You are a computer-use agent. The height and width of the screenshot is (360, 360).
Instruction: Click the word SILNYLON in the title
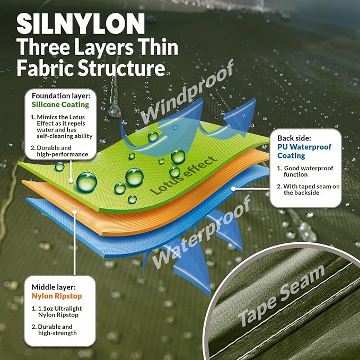[81, 24]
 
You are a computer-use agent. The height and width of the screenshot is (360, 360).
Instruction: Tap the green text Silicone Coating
[60, 104]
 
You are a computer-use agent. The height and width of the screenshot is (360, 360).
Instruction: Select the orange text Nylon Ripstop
[57, 296]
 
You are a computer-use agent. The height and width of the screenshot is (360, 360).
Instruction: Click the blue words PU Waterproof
[304, 147]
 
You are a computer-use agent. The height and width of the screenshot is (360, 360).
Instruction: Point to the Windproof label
[187, 92]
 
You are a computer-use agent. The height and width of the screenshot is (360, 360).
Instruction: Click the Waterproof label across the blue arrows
[201, 232]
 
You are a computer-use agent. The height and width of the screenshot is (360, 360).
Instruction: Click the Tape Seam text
[281, 296]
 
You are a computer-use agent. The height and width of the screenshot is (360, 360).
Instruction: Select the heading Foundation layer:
[61, 96]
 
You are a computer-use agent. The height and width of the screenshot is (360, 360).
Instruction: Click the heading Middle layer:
[54, 287]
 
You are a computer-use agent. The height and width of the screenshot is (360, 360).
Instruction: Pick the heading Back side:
[294, 138]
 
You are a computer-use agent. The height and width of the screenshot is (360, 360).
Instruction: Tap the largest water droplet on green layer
[86, 182]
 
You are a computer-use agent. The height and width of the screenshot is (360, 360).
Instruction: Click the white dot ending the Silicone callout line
[71, 181]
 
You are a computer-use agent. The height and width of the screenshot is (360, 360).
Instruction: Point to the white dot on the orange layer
[74, 212]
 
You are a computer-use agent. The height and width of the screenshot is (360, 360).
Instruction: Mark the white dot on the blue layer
[233, 189]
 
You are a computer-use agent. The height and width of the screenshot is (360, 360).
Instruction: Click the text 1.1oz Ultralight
[60, 309]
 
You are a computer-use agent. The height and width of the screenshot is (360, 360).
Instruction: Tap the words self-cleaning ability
[65, 136]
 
